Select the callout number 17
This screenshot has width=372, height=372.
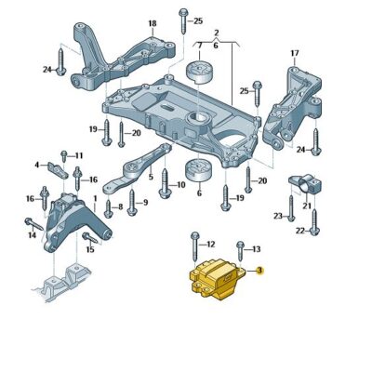(295, 53)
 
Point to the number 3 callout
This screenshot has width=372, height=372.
(260, 270)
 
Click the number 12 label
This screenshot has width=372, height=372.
(210, 244)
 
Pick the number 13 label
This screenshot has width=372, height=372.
(256, 249)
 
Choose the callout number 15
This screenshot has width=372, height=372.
(90, 249)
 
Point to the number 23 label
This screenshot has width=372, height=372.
(277, 215)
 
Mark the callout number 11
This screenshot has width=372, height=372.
(79, 155)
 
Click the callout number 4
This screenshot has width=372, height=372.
(37, 166)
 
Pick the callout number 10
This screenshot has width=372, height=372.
(180, 185)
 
